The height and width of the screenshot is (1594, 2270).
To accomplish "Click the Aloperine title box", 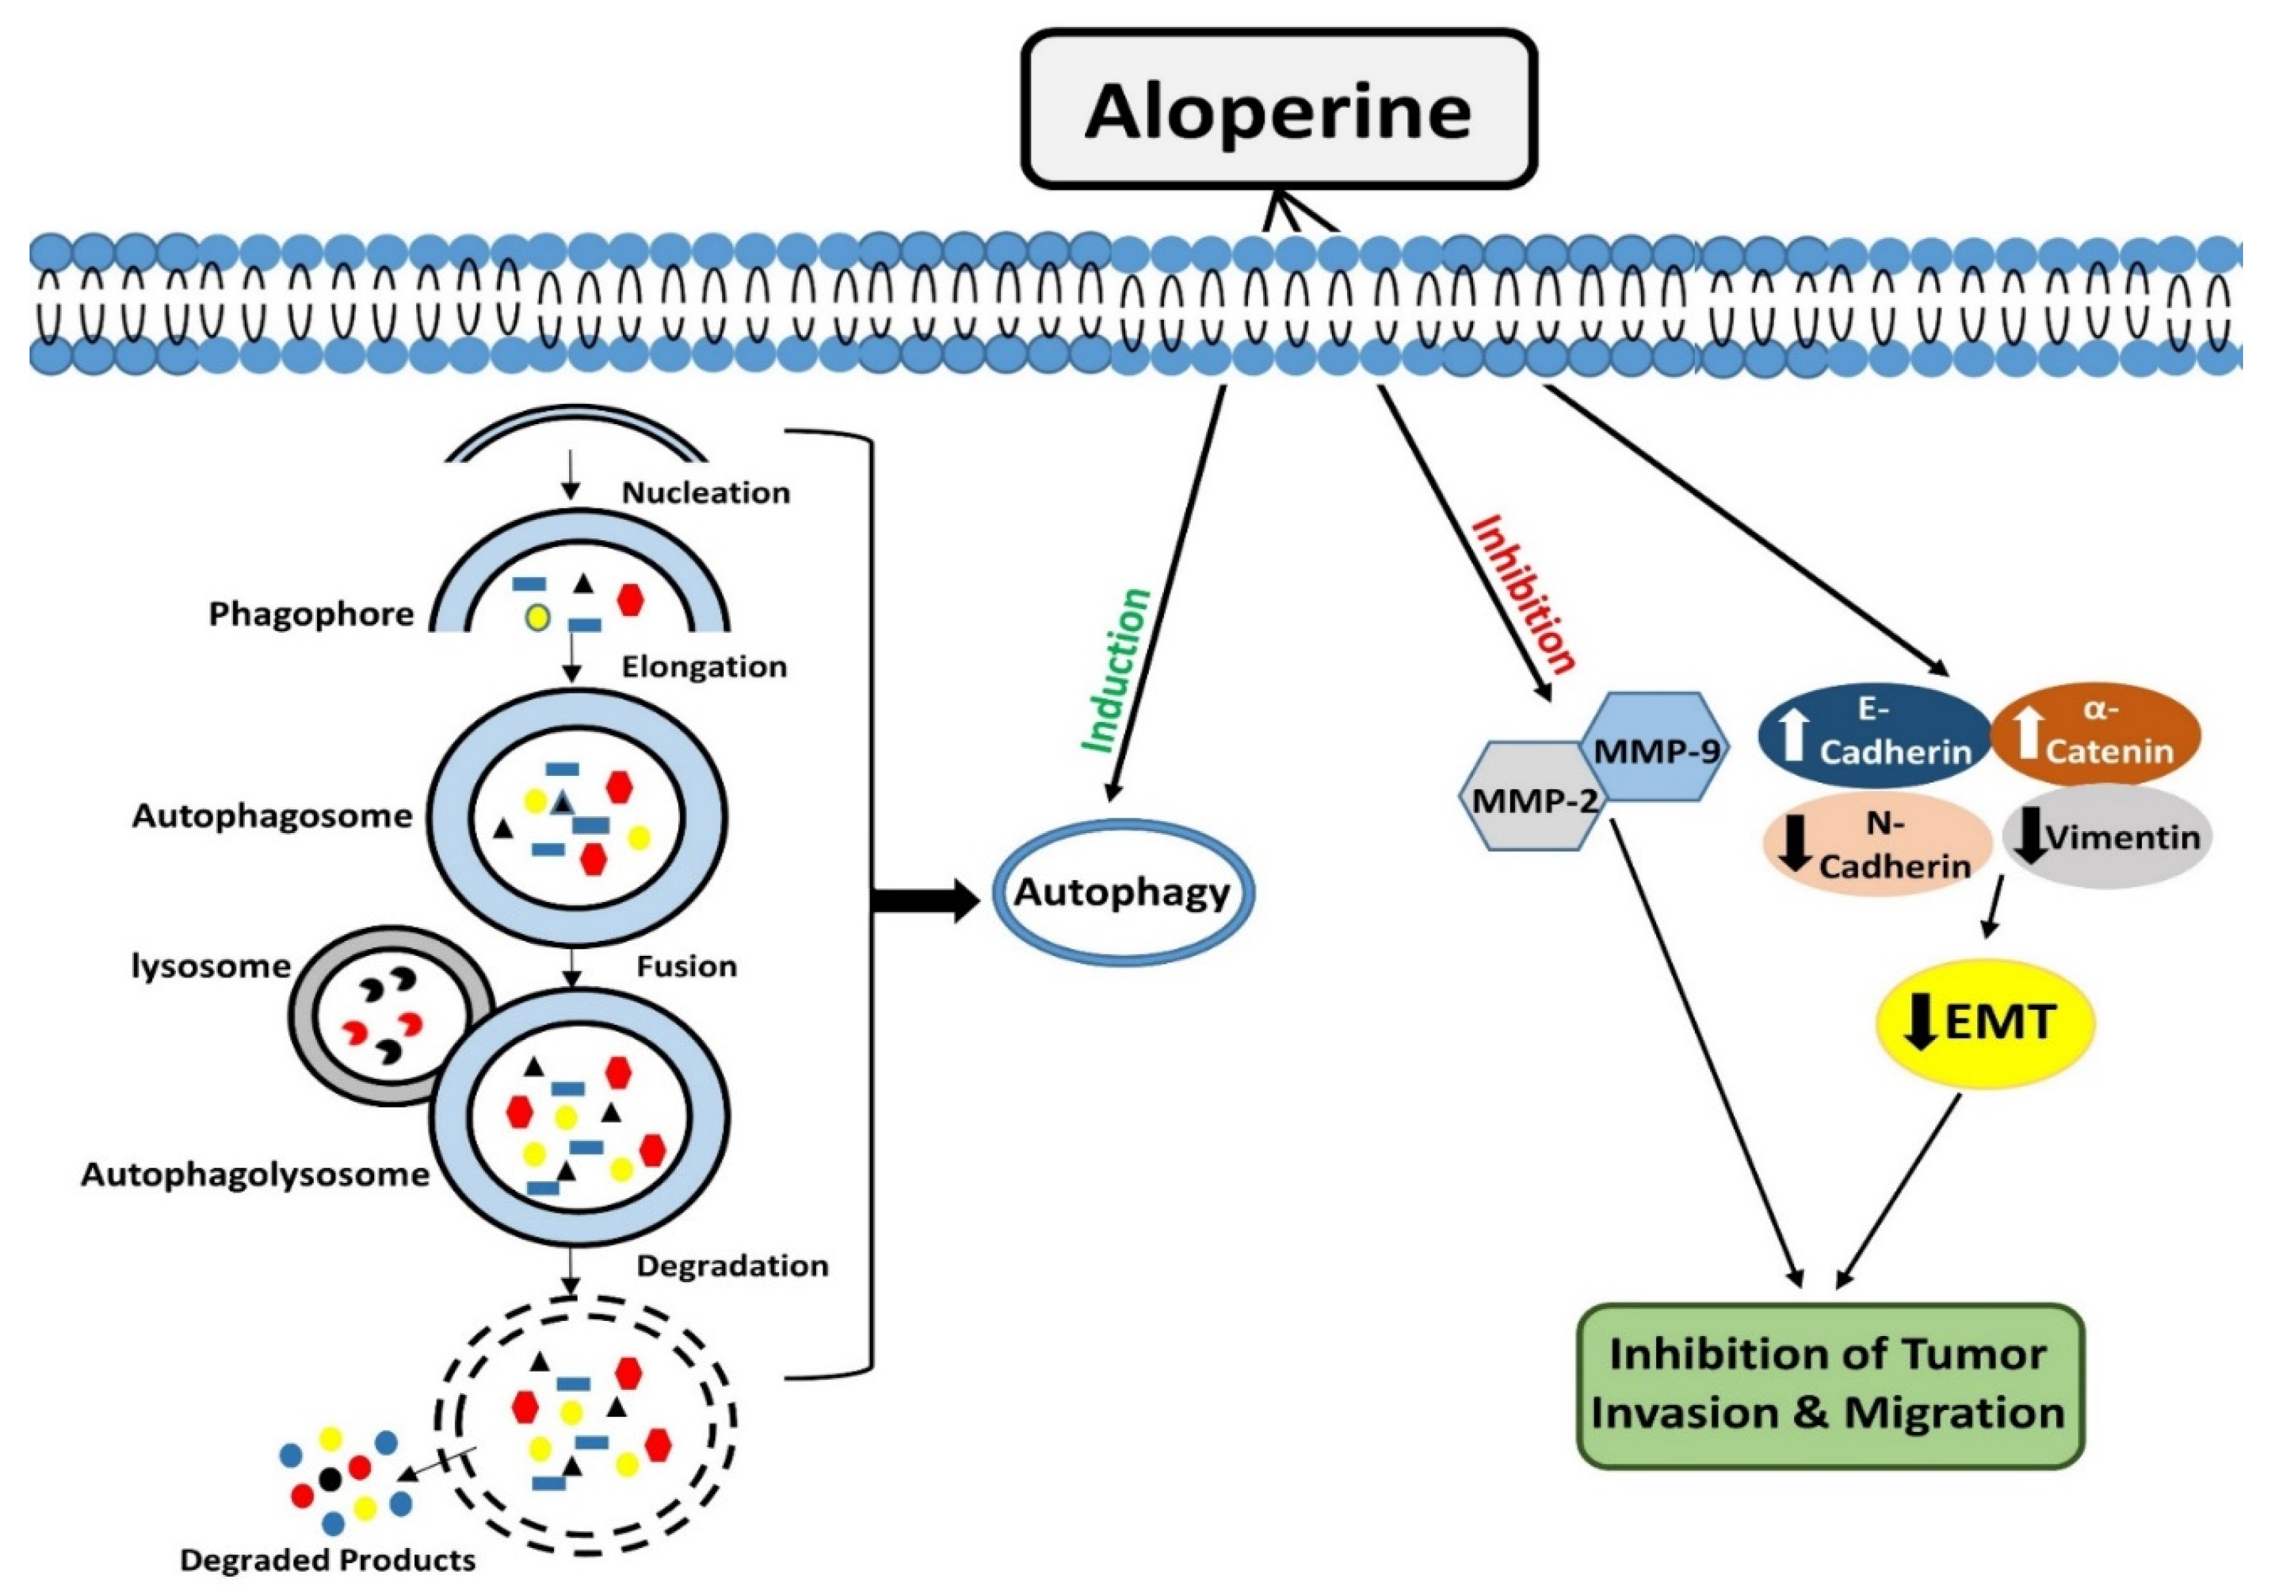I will pyautogui.click(x=1277, y=110).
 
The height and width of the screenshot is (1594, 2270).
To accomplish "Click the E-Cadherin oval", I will pyautogui.click(x=1874, y=734).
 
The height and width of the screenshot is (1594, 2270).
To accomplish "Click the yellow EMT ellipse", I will pyautogui.click(x=1985, y=1022).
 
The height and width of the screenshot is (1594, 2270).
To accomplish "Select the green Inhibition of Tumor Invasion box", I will pyautogui.click(x=1829, y=1385).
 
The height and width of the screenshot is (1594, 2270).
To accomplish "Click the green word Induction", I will pyautogui.click(x=1115, y=670).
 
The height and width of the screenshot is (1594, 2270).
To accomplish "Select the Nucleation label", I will pyautogui.click(x=705, y=492).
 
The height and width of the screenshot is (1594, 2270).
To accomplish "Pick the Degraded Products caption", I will pyautogui.click(x=328, y=1561).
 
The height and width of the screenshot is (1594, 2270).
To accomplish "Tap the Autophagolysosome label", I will pyautogui.click(x=255, y=1174).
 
